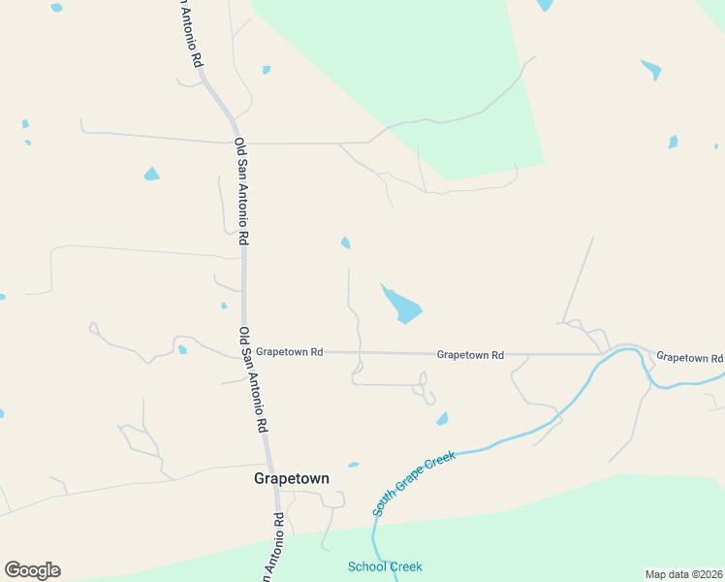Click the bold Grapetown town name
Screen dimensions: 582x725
(291, 478)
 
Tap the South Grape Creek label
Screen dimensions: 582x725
(414, 482)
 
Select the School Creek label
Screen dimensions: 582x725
(385, 566)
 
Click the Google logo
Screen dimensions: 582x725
(32, 570)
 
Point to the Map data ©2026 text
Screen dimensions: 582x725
(684, 573)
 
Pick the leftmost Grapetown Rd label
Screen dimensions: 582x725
(290, 352)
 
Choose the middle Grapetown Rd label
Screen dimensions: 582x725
(470, 355)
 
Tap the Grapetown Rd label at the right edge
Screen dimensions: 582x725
(689, 357)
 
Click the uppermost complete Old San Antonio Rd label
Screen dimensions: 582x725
(242, 190)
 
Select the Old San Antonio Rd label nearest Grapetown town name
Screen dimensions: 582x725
(253, 378)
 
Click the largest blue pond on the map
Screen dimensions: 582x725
(403, 307)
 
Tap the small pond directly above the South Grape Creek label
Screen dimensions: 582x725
(442, 419)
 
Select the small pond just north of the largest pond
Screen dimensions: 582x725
(345, 242)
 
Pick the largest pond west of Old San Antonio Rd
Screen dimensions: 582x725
(151, 175)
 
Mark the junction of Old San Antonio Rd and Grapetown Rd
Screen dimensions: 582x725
(244, 352)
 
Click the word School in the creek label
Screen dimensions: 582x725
(366, 566)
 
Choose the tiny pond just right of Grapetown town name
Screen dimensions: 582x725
(354, 465)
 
